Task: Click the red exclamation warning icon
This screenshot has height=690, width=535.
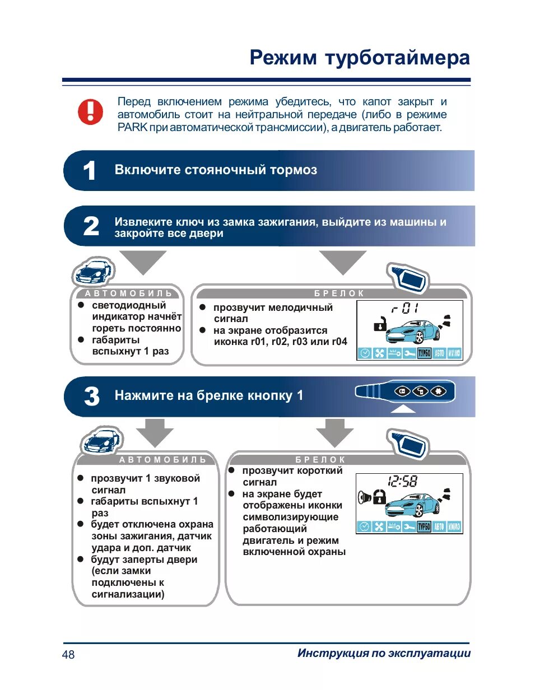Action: tap(90, 111)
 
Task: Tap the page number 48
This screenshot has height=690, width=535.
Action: tap(68, 654)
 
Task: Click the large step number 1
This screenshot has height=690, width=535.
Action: tap(89, 171)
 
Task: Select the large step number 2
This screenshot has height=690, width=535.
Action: tap(91, 226)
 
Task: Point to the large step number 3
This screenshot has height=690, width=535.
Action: tap(91, 397)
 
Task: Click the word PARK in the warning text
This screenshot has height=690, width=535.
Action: tap(132, 128)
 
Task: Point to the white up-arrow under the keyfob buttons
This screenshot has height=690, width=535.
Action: tap(403, 409)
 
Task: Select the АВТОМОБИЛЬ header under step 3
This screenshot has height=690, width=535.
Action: tap(163, 460)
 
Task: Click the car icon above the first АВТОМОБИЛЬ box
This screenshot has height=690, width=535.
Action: tap(92, 272)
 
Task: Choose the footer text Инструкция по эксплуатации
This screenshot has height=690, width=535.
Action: tap(384, 653)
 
